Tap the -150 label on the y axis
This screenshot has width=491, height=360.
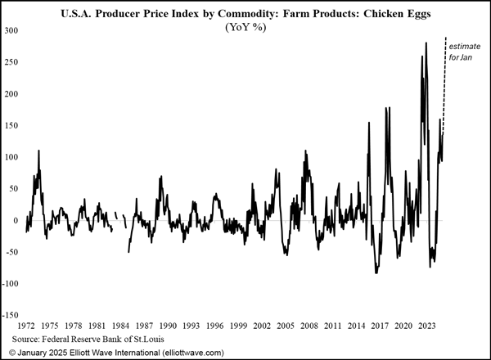11,315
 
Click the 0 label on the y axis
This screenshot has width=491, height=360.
16,220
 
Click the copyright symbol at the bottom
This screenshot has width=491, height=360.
8,352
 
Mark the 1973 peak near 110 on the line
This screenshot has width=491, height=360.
38,151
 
